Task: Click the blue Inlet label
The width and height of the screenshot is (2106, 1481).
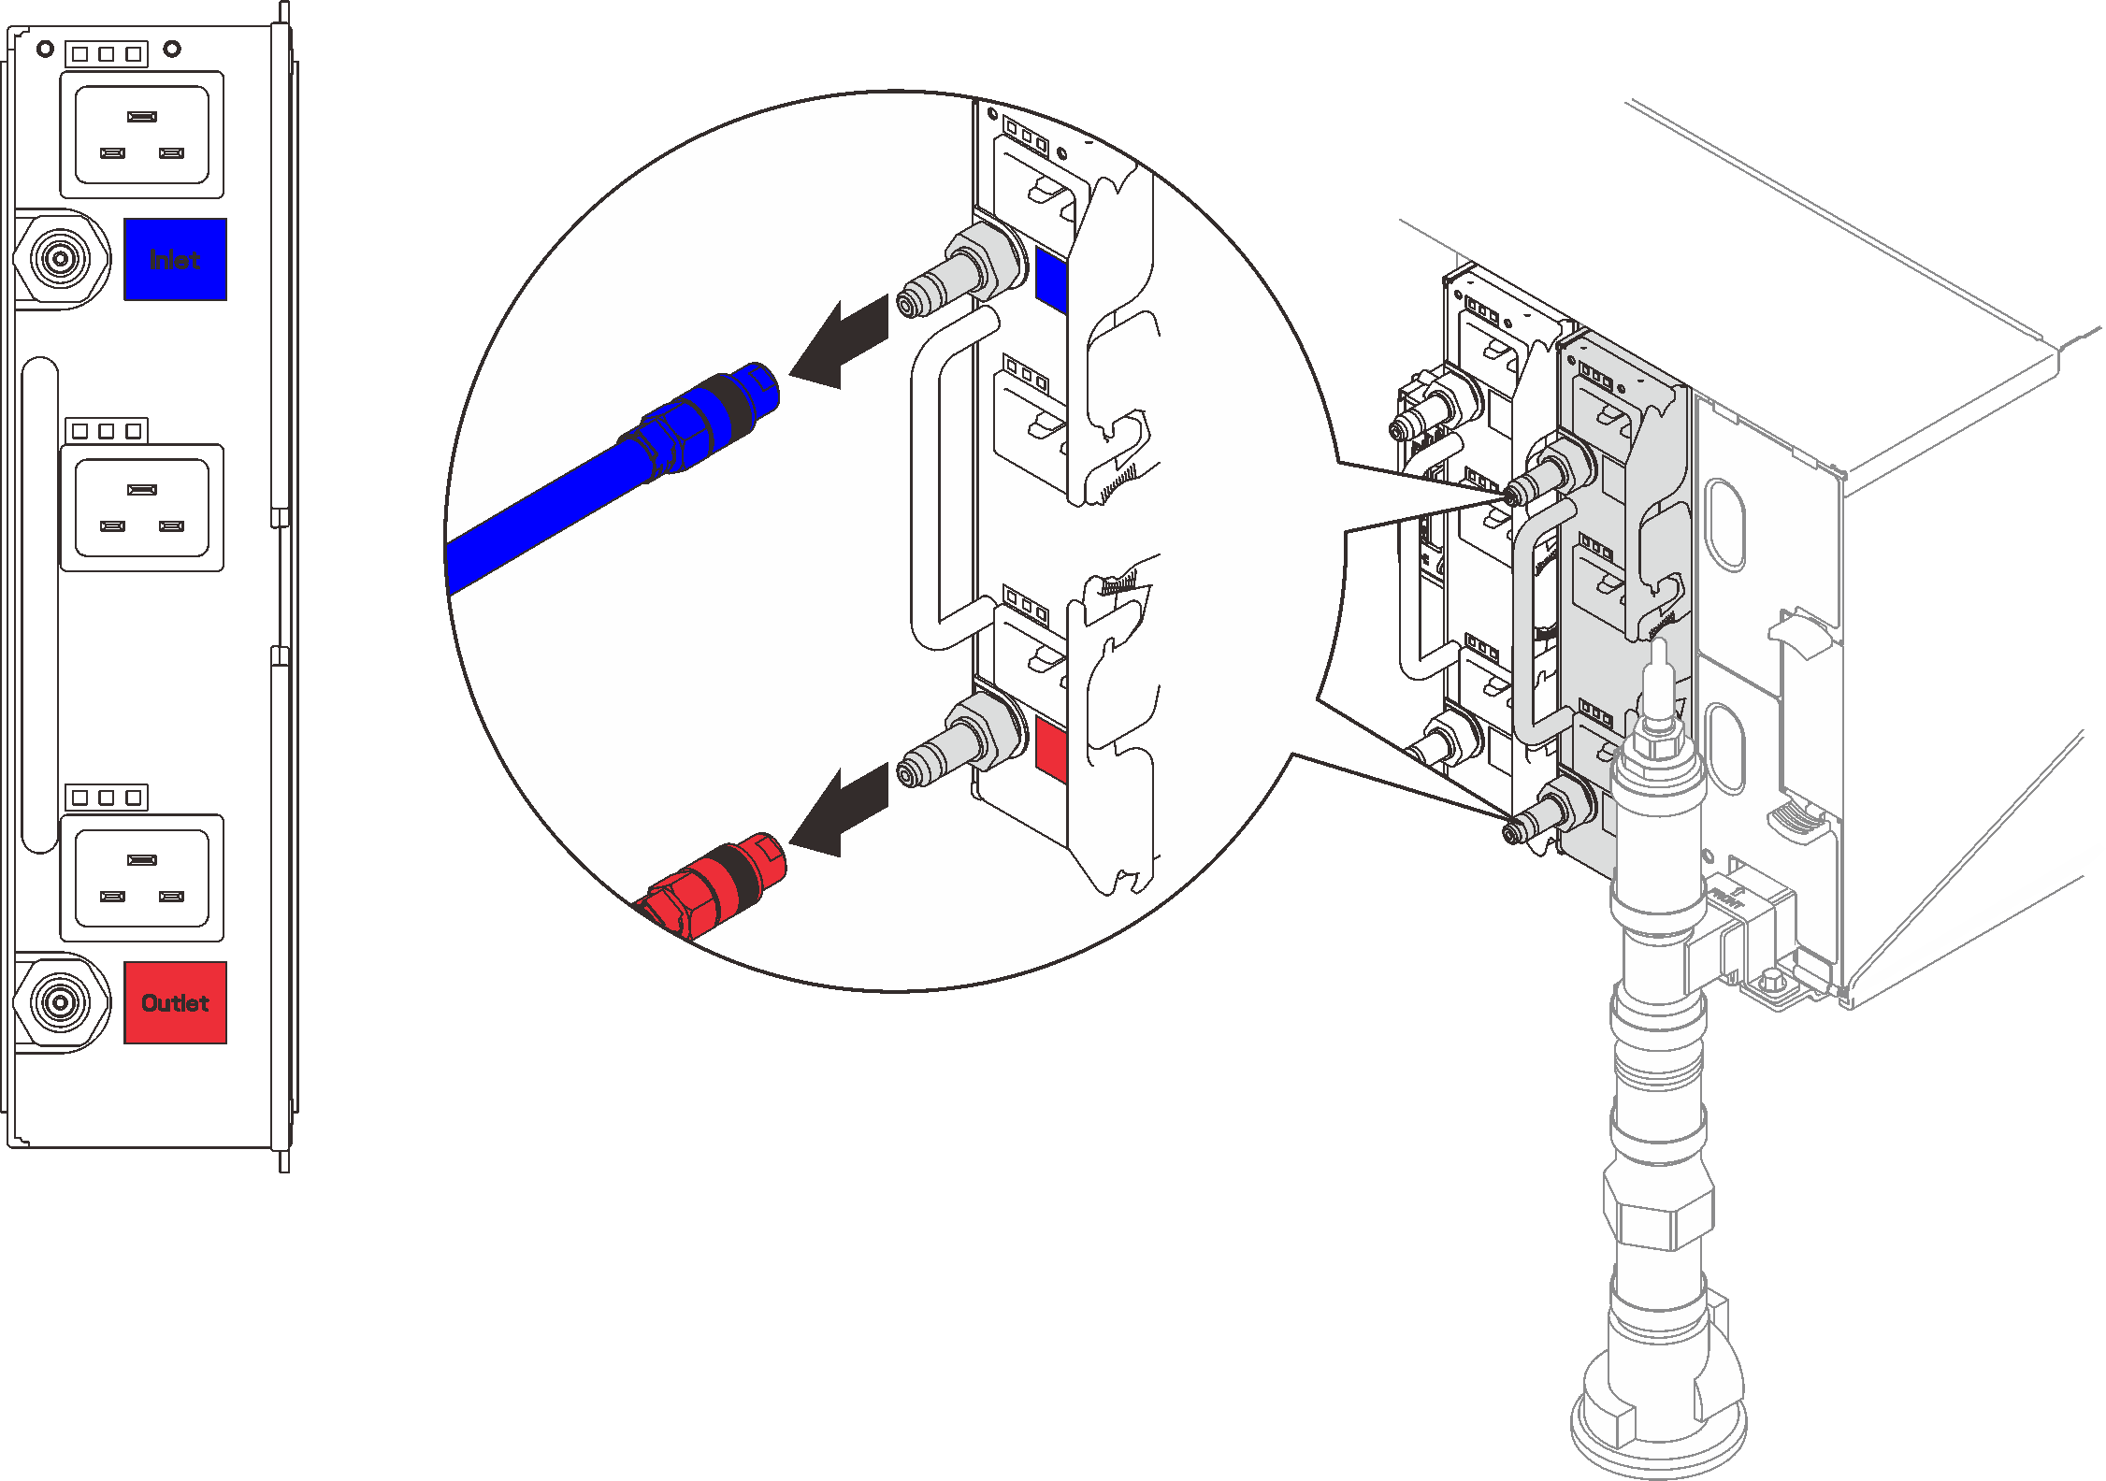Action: [x=175, y=259]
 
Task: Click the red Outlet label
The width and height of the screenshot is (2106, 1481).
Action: [x=175, y=1002]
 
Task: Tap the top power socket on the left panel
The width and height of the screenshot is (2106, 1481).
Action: [x=141, y=135]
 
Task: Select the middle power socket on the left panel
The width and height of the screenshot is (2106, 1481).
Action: [x=141, y=507]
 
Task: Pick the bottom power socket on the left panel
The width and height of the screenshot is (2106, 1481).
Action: [x=141, y=877]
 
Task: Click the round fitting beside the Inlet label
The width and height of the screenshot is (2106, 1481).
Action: [x=61, y=258]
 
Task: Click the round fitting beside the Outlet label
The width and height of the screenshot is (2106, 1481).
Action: [x=61, y=1002]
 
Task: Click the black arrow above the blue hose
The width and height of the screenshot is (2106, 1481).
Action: [x=842, y=342]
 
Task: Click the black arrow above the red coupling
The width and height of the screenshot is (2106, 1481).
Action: [x=842, y=810]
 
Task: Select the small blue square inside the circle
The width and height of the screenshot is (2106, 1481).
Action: [x=1051, y=280]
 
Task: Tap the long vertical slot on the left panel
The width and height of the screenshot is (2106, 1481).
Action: [x=40, y=604]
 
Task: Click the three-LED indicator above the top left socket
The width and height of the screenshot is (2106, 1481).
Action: [x=107, y=54]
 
